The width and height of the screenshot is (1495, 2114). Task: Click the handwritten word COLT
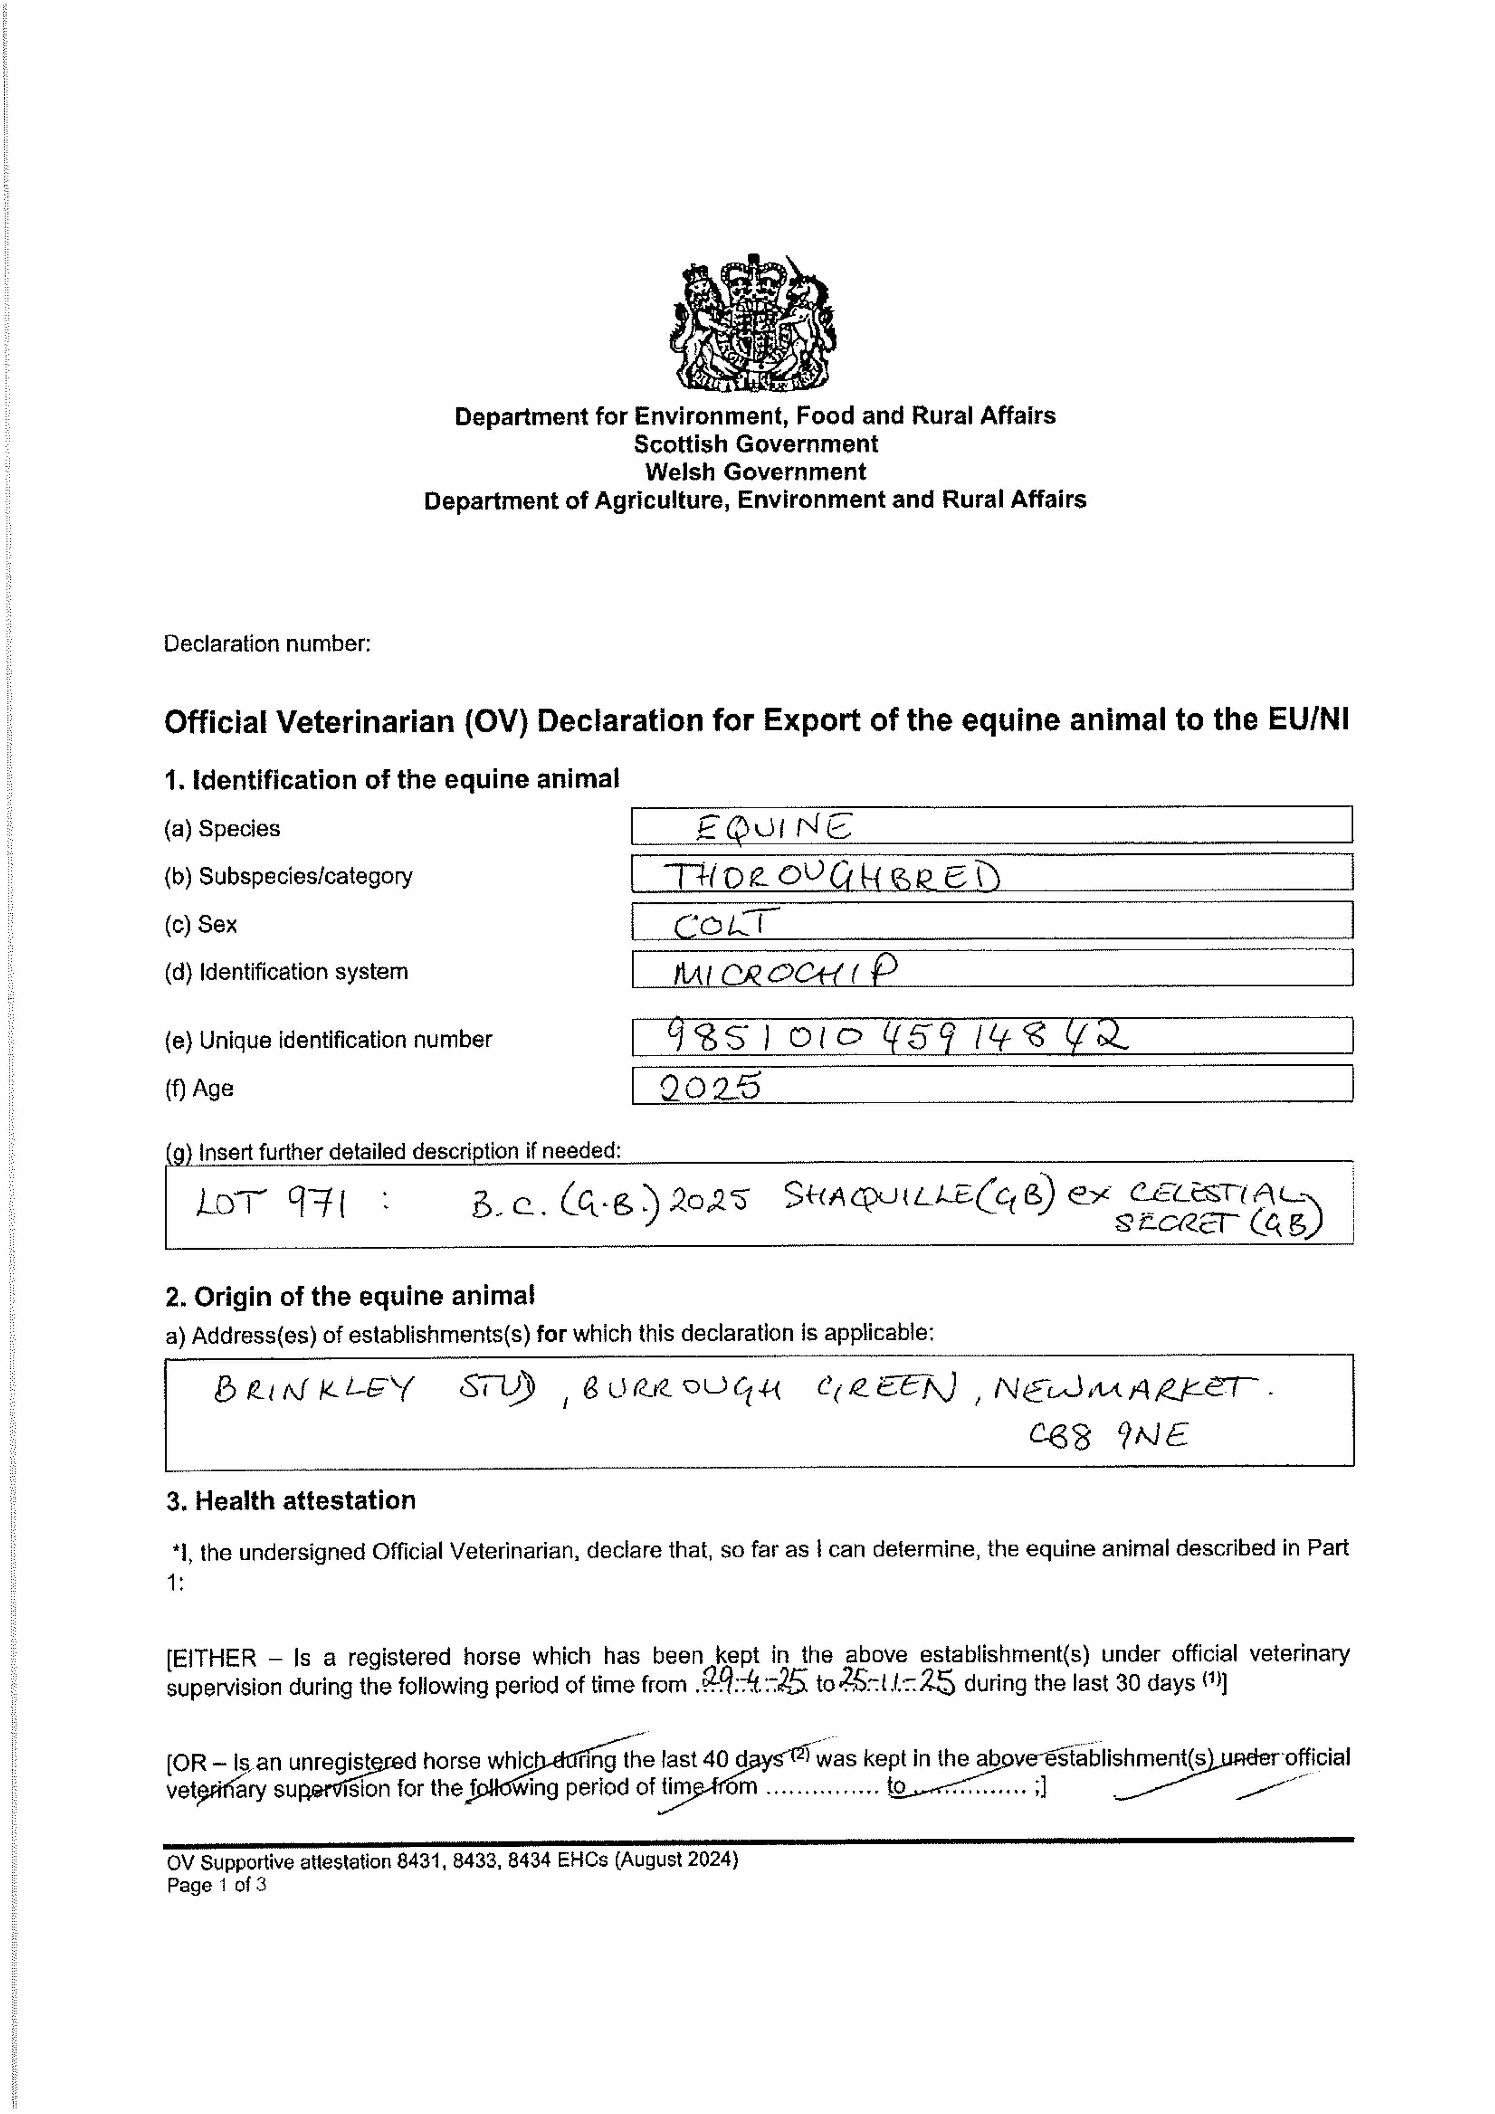(x=726, y=923)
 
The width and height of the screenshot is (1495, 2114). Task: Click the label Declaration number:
(x=267, y=644)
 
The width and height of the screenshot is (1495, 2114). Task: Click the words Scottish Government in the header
(x=755, y=444)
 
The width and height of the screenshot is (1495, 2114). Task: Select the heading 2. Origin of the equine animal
(x=350, y=1296)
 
